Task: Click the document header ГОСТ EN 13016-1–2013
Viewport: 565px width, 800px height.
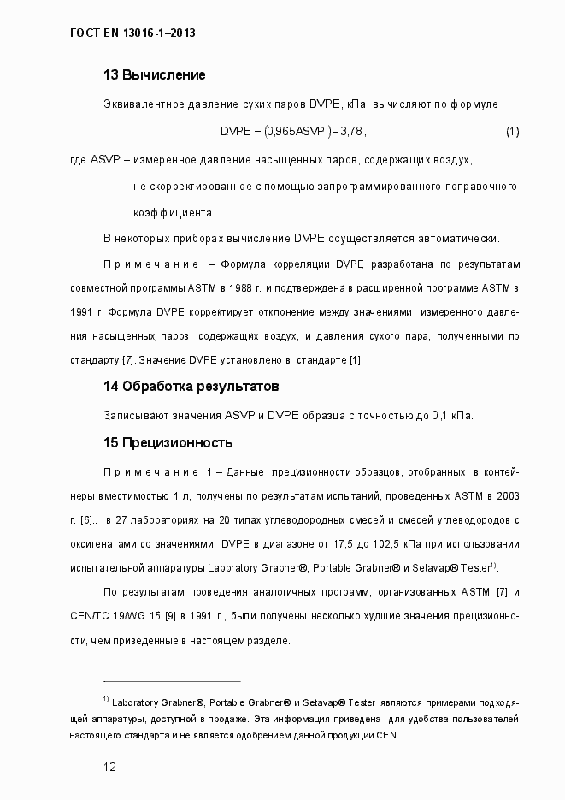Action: (132, 33)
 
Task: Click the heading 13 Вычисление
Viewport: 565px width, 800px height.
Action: (154, 75)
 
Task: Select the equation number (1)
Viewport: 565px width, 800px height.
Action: (512, 132)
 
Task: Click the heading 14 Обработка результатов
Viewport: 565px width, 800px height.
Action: (191, 387)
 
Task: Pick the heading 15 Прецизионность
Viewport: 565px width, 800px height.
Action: (168, 443)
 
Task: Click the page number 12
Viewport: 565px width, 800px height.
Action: (109, 767)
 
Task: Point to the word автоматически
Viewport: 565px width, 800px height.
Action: (462, 238)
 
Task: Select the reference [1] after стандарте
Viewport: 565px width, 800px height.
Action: (355, 360)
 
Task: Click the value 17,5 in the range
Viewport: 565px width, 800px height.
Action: (328, 543)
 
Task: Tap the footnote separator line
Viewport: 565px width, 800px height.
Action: (171, 679)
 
